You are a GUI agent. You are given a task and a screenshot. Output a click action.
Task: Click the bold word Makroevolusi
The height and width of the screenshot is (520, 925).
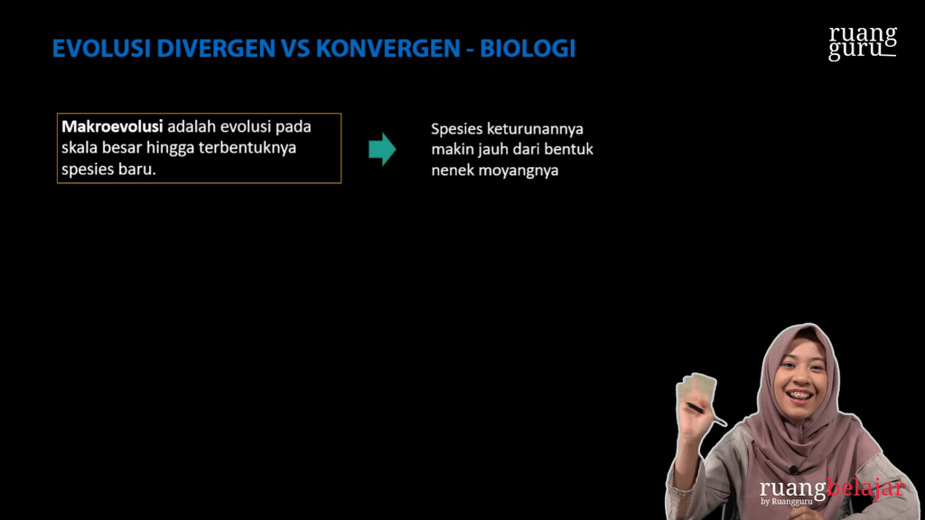pos(111,127)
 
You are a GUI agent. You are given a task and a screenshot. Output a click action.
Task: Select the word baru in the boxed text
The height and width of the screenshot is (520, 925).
pos(136,169)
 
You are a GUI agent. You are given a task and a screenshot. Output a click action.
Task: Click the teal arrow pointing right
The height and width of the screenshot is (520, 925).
pos(382,149)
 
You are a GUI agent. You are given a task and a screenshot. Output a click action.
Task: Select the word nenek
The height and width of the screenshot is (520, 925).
pos(454,170)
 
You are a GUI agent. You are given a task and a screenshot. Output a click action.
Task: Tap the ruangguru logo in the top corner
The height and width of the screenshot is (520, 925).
pos(863,42)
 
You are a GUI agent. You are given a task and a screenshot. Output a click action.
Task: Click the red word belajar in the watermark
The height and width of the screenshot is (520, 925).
pos(865,488)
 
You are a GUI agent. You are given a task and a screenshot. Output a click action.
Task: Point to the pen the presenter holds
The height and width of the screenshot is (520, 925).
pos(706,414)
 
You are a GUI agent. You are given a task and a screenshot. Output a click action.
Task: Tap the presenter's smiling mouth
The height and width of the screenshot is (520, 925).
pos(799,395)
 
